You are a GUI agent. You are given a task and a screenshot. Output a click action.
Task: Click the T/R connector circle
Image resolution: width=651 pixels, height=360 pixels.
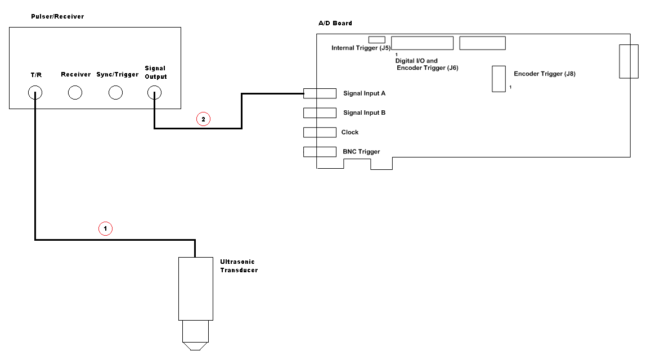(x=35, y=93)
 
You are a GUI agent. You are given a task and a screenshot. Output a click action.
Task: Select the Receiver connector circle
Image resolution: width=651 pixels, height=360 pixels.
(x=75, y=93)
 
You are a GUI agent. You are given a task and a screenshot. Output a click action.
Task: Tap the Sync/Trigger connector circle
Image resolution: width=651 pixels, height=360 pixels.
(x=115, y=93)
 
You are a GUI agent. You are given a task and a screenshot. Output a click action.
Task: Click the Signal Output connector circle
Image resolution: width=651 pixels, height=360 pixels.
(x=154, y=93)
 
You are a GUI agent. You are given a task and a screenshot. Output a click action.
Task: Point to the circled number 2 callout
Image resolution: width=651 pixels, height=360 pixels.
(x=203, y=119)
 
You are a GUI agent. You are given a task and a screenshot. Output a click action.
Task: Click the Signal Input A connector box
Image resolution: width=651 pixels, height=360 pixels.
(x=320, y=93)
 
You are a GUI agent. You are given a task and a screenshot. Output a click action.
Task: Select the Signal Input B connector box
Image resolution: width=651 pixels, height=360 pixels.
(x=320, y=112)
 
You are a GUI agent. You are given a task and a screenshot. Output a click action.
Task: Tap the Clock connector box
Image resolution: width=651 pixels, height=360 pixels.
(x=320, y=132)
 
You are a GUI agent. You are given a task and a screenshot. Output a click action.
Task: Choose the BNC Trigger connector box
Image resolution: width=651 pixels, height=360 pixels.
(x=320, y=151)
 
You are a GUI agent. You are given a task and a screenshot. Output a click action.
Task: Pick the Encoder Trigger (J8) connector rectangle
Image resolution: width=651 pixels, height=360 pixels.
(x=499, y=79)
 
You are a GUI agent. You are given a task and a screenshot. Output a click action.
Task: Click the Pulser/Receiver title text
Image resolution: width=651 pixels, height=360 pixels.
(x=57, y=16)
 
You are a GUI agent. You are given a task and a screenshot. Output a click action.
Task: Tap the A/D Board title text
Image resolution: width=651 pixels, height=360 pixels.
(x=335, y=23)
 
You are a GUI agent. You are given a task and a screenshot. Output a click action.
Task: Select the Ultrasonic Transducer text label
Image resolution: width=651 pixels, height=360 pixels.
(x=239, y=266)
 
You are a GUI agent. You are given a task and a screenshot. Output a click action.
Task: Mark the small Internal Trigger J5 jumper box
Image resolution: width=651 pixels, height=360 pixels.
(x=376, y=40)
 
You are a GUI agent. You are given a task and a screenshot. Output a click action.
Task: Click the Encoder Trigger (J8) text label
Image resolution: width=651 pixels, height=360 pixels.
(x=544, y=74)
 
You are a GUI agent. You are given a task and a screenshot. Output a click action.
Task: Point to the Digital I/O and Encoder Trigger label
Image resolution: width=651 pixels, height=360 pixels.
(x=427, y=64)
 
